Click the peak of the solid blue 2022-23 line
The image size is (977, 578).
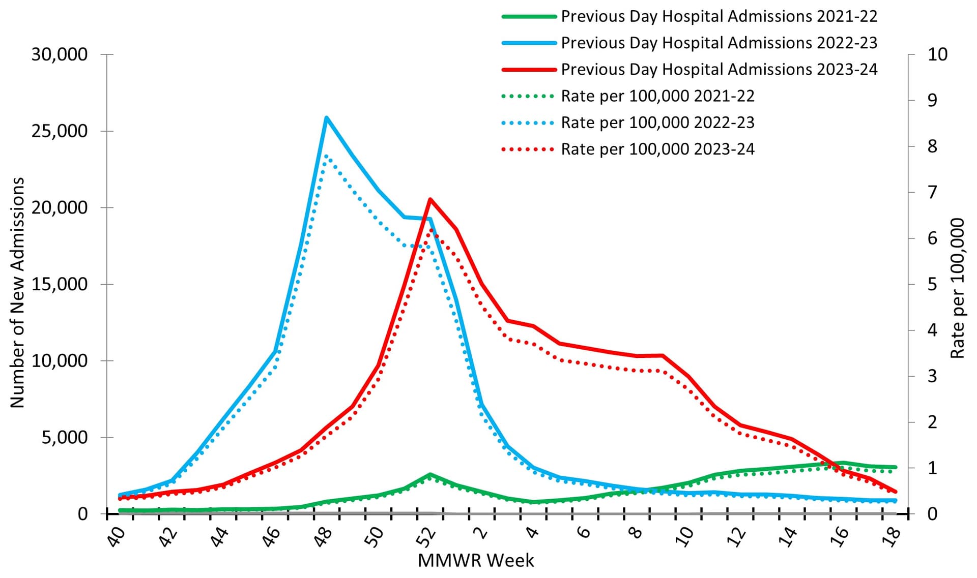pos(326,118)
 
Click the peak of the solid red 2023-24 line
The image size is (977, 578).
pos(430,199)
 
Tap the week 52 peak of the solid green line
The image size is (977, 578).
pos(430,474)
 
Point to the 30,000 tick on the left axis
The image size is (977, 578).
pos(60,54)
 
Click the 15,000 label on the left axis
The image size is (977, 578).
pos(60,284)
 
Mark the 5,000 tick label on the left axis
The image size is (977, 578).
pos(65,437)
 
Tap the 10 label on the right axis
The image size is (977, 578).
pos(937,54)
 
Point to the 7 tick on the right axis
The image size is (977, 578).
pos(932,192)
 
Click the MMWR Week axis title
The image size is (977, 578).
pos(476,561)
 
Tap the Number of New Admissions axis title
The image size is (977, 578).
pos(17,292)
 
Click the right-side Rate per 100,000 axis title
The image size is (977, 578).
pos(958,288)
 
